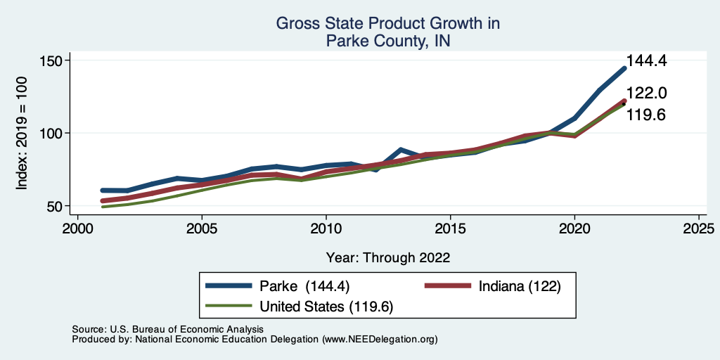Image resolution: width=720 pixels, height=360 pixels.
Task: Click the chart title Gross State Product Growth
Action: (x=387, y=24)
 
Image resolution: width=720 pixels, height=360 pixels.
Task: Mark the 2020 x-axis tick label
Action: (x=574, y=229)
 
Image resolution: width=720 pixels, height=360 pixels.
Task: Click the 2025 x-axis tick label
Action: (x=699, y=229)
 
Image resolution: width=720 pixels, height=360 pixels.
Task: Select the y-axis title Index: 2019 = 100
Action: (x=22, y=134)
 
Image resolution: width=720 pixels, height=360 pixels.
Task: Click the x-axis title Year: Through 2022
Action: (x=388, y=257)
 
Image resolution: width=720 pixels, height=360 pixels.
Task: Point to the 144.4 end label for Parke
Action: (x=646, y=61)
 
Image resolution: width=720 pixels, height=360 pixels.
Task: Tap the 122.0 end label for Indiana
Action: (x=646, y=93)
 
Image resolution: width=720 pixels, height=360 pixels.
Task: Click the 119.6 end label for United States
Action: (x=646, y=115)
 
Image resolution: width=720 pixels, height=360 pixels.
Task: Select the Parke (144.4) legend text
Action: (x=304, y=286)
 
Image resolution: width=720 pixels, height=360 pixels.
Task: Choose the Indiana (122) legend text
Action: (x=519, y=286)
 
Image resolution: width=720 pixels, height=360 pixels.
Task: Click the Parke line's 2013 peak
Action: (x=400, y=150)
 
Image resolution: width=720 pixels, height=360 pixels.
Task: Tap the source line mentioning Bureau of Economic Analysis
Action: (x=167, y=329)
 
